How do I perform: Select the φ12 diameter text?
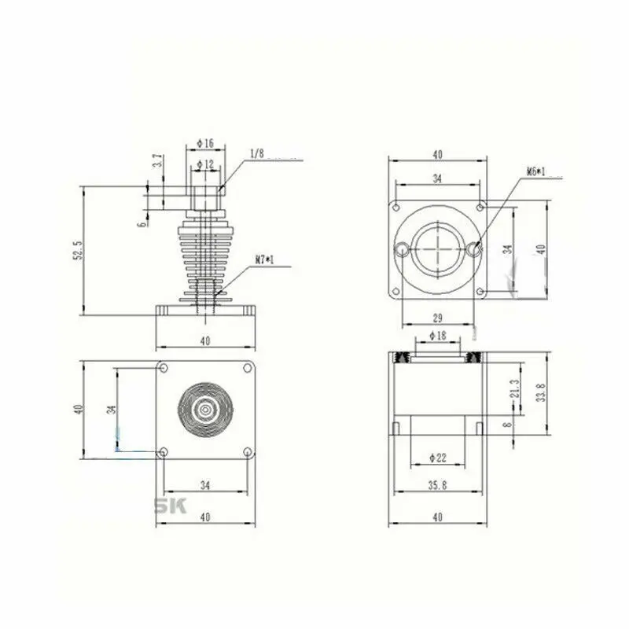(205, 164)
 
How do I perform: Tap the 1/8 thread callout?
(257, 153)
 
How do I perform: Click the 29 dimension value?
(437, 317)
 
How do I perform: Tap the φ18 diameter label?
(437, 336)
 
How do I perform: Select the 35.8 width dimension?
(437, 485)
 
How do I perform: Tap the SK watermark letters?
(170, 506)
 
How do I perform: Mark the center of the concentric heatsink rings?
(204, 409)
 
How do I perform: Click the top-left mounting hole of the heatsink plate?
(163, 367)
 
